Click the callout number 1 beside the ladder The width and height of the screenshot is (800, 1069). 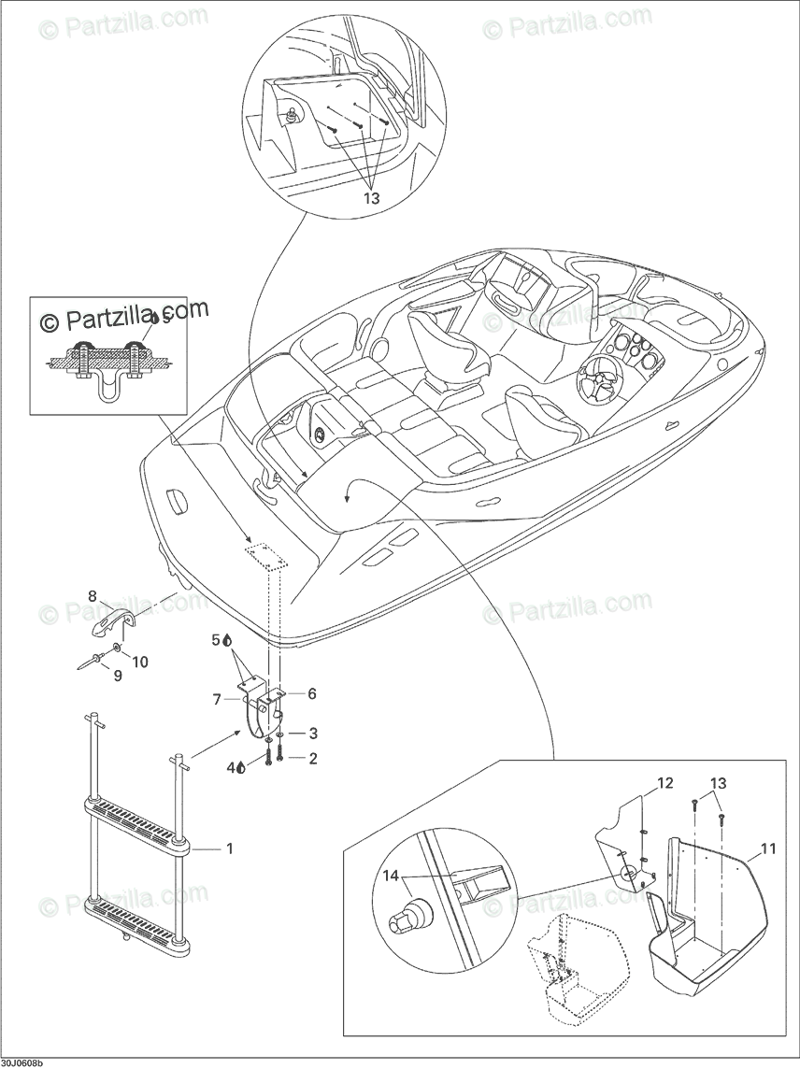[229, 848]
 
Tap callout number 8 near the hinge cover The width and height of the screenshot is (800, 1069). [93, 596]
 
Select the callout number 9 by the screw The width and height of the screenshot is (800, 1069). [118, 675]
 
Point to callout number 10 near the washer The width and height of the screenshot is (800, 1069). [140, 663]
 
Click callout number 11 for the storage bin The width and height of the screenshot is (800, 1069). [767, 848]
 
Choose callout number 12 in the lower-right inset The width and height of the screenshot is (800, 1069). [664, 783]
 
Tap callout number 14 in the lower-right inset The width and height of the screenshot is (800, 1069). [389, 876]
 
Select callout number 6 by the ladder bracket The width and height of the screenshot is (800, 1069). [311, 693]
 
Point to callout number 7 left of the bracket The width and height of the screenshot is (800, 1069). [216, 698]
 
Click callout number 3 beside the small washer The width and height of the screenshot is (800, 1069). [313, 734]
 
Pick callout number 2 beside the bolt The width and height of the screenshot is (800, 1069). [313, 759]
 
